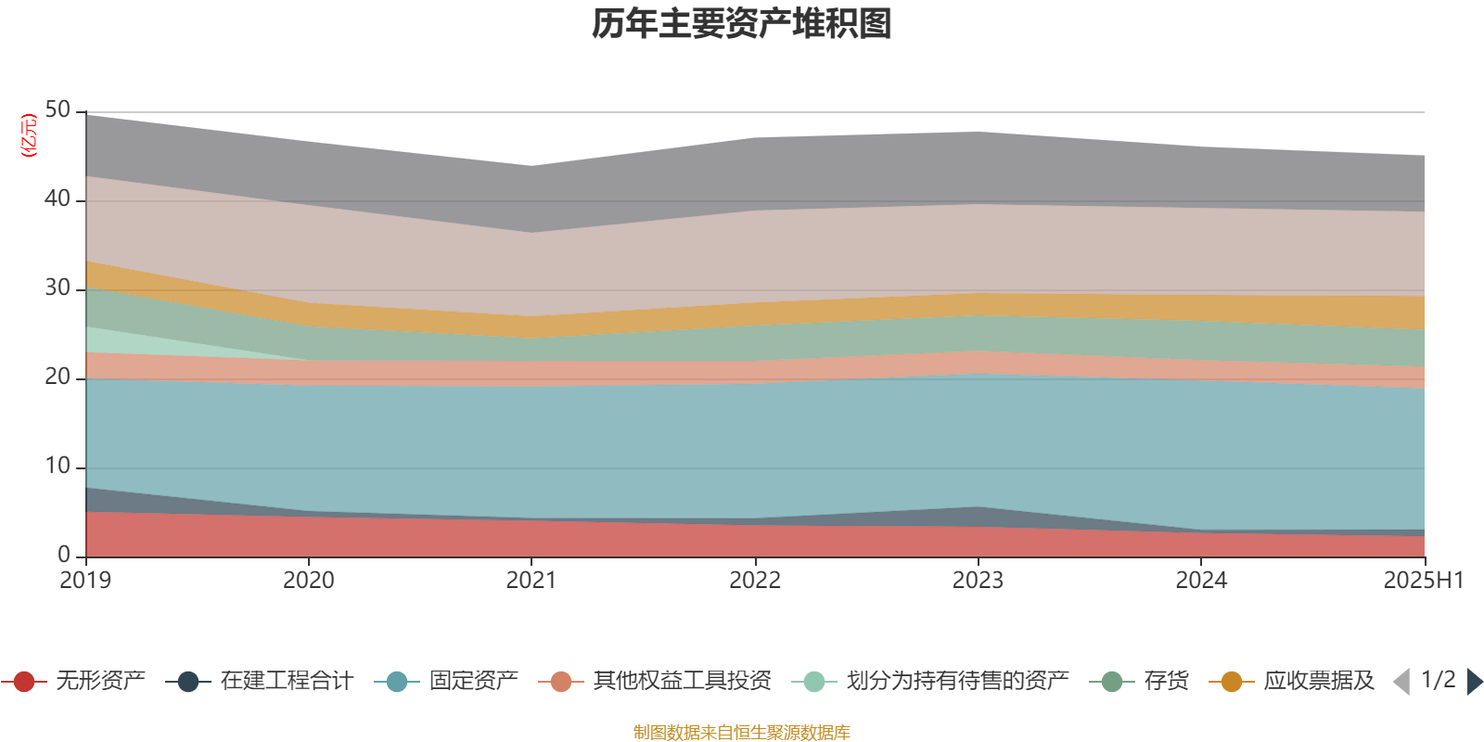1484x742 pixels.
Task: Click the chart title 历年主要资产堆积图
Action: [742, 24]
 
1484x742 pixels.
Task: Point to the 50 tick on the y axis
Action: [58, 109]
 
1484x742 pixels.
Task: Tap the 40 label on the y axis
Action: [58, 198]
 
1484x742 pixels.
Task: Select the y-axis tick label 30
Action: [58, 288]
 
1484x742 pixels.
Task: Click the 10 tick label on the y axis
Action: [58, 467]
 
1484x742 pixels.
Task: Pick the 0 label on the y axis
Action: [63, 555]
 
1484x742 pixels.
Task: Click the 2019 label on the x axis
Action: [85, 581]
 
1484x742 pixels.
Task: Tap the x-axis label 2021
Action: [531, 581]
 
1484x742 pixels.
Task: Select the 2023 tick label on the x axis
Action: [978, 581]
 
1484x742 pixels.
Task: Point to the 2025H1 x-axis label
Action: [1423, 581]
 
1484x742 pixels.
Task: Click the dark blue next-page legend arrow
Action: [1474, 682]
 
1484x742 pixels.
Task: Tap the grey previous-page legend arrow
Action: [1401, 682]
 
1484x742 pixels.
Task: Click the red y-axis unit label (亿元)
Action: [29, 135]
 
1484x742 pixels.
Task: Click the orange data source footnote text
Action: [742, 733]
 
